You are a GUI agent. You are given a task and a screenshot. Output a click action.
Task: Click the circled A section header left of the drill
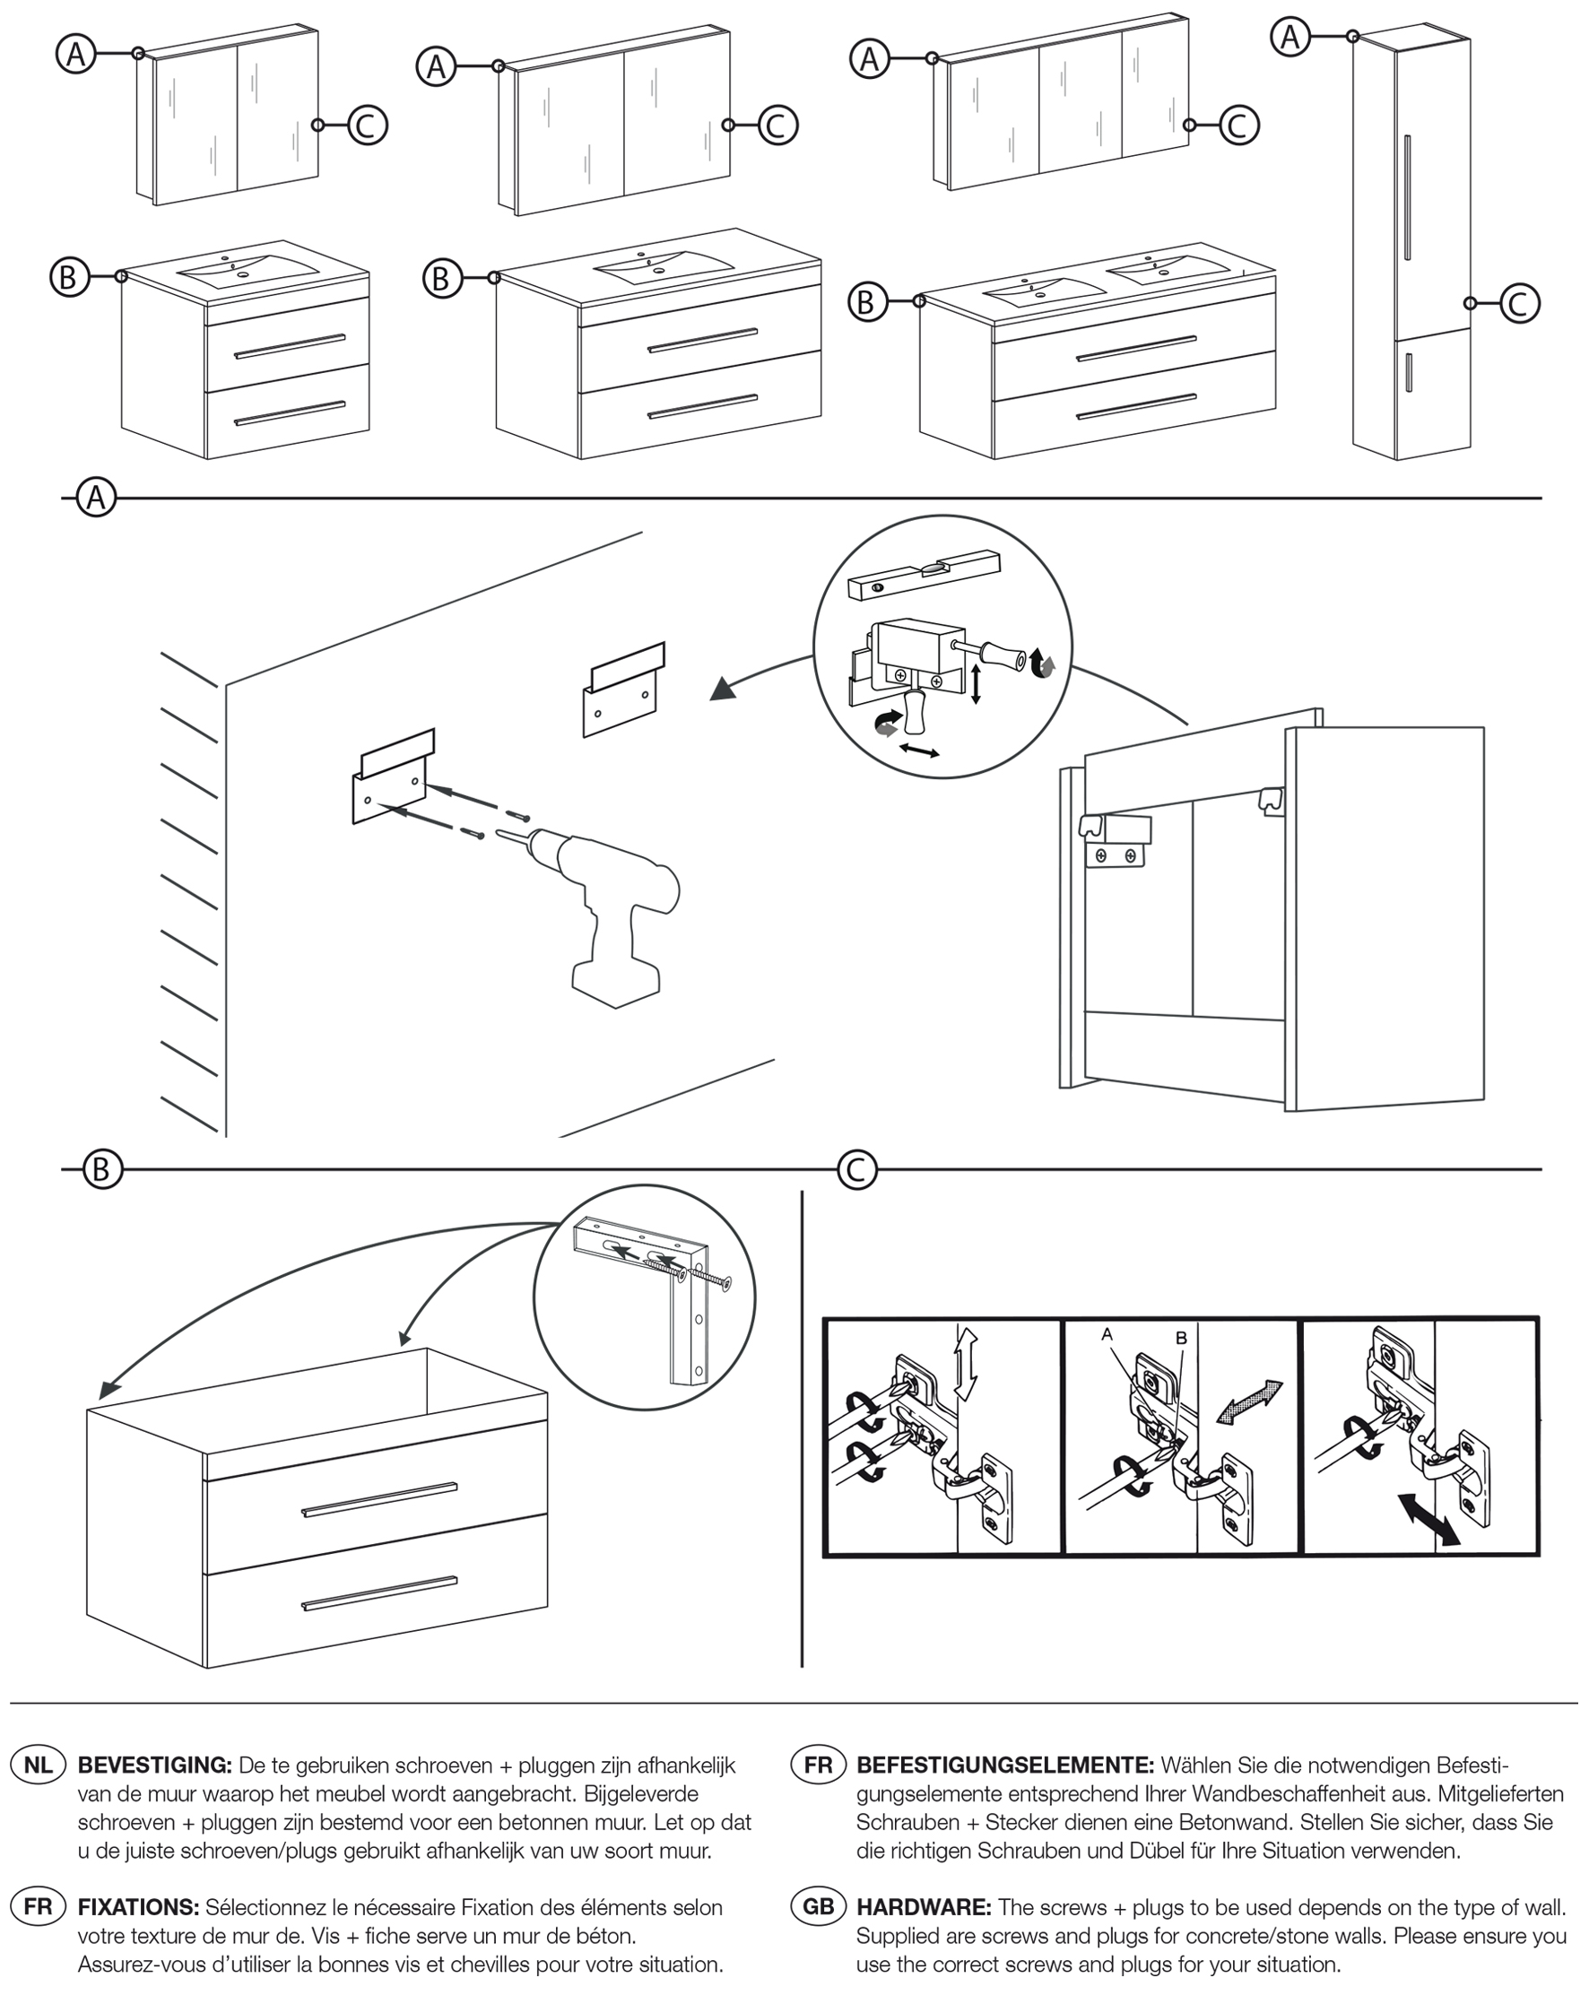(x=97, y=499)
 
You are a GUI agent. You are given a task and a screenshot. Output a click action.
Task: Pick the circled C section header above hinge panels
(x=856, y=1169)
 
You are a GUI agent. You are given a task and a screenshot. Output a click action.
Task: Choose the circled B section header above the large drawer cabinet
(x=101, y=1169)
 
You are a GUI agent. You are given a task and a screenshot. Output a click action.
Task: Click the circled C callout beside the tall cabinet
(x=1518, y=303)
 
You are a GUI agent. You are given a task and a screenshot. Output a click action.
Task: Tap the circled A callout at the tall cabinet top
(x=1289, y=37)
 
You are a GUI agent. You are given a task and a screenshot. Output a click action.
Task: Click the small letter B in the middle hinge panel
(x=1181, y=1338)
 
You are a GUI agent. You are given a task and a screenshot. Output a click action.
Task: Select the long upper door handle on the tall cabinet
(x=1408, y=197)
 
